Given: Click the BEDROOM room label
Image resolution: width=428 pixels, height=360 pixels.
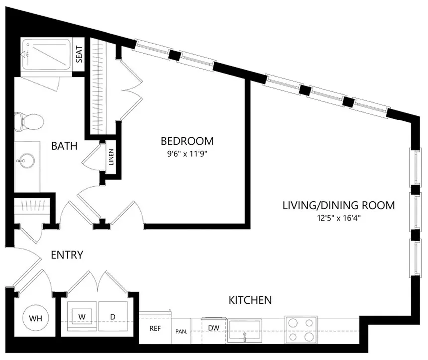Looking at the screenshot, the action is pos(187,141).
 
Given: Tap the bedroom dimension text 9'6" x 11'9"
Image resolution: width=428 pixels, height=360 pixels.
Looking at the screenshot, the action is pos(187,154).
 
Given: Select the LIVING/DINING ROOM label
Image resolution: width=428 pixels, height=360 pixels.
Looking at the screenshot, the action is pos(338,205).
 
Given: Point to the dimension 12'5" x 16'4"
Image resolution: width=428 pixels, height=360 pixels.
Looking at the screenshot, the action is pos(339,218).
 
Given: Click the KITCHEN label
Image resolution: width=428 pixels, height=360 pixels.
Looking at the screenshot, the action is pos(250,300).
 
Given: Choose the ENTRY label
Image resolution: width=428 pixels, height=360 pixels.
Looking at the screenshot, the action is pos(67,255).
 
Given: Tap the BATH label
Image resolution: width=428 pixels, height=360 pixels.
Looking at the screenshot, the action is pos(64,146).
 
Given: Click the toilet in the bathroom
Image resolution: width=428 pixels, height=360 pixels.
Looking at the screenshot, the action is pos(29,121).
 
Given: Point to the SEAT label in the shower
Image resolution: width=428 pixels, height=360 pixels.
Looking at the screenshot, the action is pos(79,54).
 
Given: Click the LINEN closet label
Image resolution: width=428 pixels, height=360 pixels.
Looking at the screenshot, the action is pos(111,157).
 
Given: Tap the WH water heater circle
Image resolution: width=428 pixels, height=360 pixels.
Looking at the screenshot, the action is pos(35,318).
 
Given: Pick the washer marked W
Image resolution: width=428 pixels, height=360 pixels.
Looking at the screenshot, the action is pos(82,316).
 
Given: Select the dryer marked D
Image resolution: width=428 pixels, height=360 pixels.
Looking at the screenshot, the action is pos(113,316).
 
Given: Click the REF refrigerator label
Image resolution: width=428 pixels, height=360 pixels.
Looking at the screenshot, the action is pos(155,328).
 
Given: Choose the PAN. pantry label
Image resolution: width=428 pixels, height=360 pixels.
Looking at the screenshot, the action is pos(181,332).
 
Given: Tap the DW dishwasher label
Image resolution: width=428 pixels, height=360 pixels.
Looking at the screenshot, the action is pos(214,328).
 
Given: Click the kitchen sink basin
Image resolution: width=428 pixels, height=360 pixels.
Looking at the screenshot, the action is pos(244,331).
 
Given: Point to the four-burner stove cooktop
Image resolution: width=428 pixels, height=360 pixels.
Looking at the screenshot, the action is pos(301,330).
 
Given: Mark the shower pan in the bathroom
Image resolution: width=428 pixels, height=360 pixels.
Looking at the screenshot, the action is pos(46,54).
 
